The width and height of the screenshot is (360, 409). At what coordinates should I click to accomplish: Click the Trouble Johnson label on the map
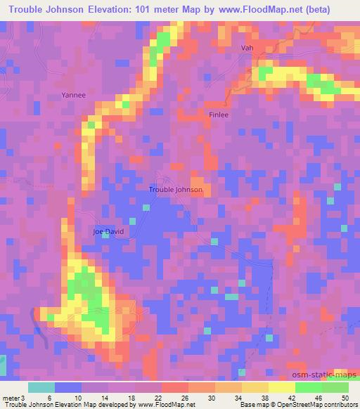(x=176, y=190)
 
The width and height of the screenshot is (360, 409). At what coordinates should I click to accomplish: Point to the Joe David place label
(x=108, y=231)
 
